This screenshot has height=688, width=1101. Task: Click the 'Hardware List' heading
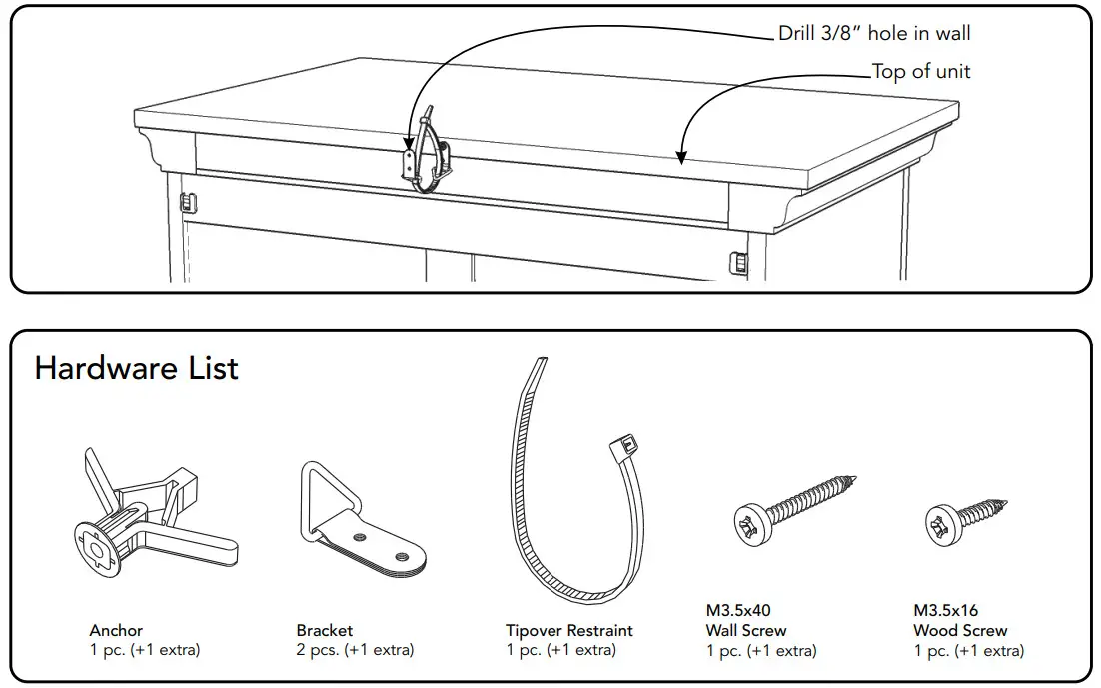[137, 368]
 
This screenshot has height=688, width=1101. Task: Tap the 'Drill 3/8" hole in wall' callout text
[874, 34]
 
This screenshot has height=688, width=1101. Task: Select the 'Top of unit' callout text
[920, 71]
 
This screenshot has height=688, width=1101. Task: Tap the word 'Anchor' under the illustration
[116, 630]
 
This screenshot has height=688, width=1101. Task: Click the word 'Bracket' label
[325, 630]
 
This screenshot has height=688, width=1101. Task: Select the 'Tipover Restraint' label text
[569, 630]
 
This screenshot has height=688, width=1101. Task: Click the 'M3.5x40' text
[738, 610]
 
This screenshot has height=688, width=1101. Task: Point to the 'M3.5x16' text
[945, 610]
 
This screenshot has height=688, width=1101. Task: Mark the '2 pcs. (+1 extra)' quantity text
[355, 650]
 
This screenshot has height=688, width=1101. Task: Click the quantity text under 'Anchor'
[145, 650]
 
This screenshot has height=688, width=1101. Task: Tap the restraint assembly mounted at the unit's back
[427, 155]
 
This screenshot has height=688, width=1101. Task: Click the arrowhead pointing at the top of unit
[680, 156]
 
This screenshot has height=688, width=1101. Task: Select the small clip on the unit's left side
[185, 203]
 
